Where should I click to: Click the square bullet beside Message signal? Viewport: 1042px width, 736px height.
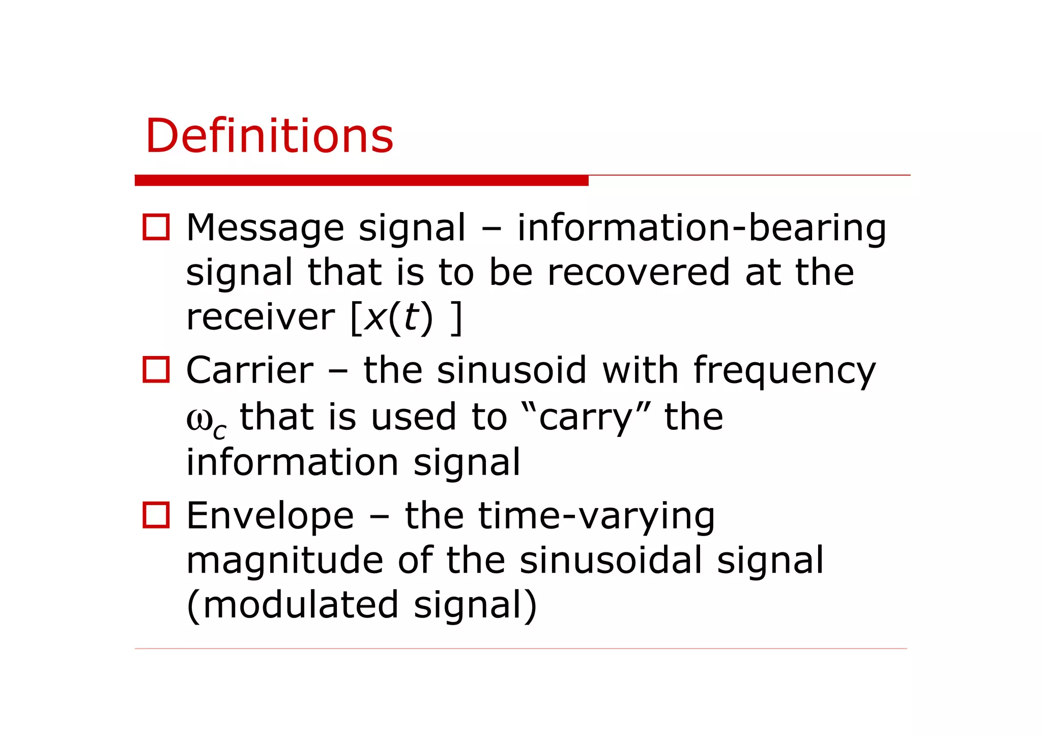[x=156, y=227]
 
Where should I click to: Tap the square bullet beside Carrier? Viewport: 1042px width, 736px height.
[x=156, y=369]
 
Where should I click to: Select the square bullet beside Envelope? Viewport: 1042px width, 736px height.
[x=156, y=515]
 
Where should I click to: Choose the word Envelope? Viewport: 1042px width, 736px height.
[x=270, y=516]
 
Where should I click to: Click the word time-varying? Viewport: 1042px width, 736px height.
[x=560, y=516]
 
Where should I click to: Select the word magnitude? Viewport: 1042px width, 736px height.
[x=284, y=561]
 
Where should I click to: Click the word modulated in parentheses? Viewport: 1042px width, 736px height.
[x=300, y=605]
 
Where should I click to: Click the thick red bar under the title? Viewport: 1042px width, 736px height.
[x=361, y=180]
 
